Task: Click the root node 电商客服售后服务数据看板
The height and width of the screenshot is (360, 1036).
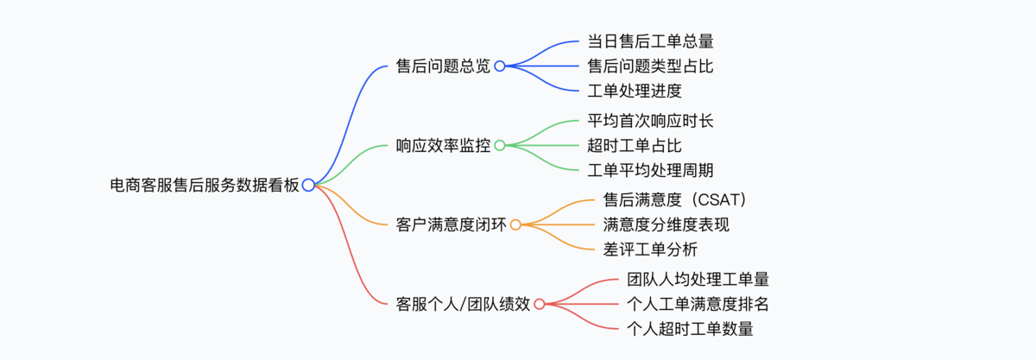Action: click(x=205, y=184)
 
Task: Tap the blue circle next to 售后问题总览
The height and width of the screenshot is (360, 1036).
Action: click(x=500, y=66)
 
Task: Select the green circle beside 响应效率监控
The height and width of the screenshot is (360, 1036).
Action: click(x=500, y=145)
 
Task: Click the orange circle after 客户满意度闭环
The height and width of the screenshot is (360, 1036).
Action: click(x=515, y=224)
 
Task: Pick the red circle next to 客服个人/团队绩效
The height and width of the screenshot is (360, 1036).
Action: click(x=540, y=304)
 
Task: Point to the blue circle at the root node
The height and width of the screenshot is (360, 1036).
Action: click(x=308, y=184)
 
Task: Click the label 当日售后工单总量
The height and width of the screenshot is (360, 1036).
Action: click(x=650, y=41)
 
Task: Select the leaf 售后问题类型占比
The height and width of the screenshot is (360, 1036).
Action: click(x=650, y=66)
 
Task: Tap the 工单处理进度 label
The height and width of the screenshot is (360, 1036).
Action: click(x=635, y=91)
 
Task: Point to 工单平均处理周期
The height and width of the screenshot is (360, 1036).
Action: click(x=650, y=170)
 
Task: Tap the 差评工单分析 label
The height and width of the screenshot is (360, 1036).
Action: click(x=650, y=249)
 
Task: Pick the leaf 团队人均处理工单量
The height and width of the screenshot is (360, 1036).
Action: click(x=698, y=279)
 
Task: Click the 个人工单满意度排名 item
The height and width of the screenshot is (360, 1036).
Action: click(x=698, y=304)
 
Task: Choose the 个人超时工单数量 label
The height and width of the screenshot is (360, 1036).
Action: click(x=690, y=329)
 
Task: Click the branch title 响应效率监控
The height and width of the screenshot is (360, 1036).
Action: click(x=443, y=145)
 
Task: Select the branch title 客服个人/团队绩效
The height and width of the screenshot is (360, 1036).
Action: click(x=463, y=304)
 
